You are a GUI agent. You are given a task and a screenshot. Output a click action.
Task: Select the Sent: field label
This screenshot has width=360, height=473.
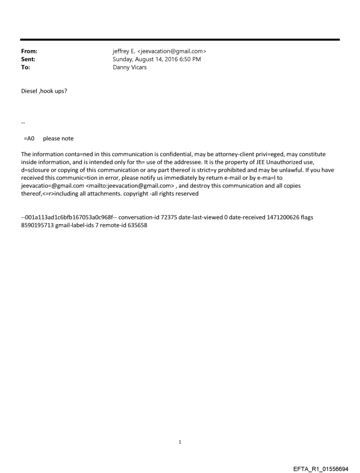[28, 59]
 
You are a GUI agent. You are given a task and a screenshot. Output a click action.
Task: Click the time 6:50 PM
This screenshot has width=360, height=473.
[190, 59]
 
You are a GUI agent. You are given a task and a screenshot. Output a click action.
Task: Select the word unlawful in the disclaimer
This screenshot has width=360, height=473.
[277, 170]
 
